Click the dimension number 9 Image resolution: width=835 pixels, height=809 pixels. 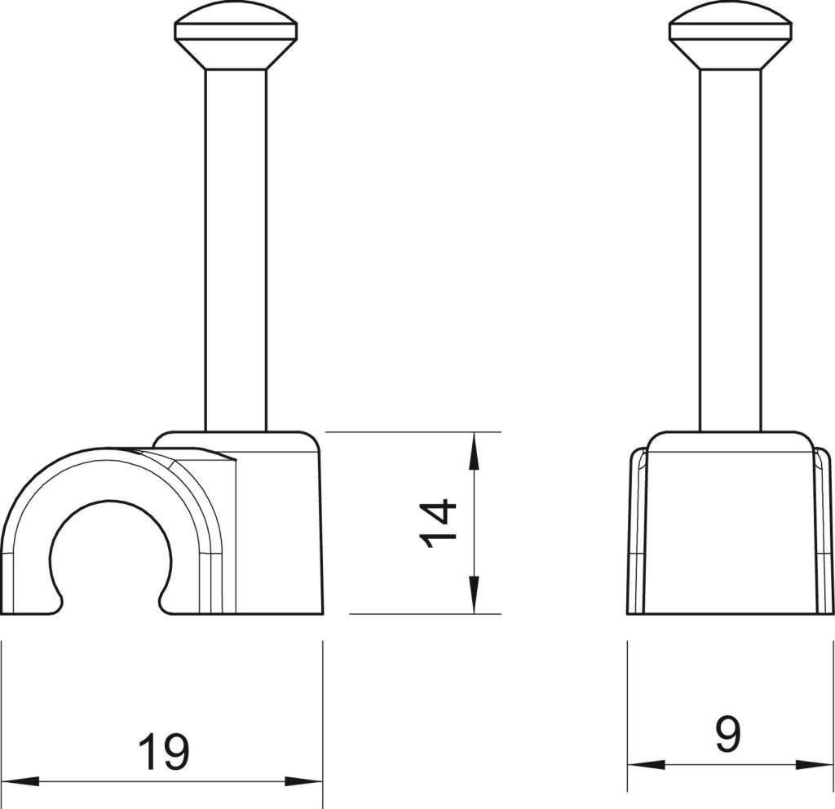tap(727, 735)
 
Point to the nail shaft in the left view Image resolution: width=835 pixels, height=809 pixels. tap(236, 250)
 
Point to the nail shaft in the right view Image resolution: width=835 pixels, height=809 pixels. tap(730, 250)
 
